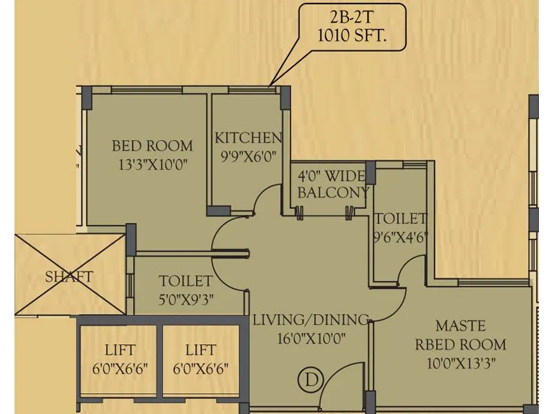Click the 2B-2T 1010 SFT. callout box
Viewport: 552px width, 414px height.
353,30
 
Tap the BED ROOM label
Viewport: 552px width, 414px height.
152,146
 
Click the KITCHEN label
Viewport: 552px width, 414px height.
248,137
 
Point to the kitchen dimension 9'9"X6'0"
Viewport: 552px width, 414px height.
248,155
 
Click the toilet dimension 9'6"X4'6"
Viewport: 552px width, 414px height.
400,237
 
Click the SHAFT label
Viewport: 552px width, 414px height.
69,277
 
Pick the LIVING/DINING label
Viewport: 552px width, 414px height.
310,319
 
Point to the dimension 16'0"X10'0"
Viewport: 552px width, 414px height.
309,338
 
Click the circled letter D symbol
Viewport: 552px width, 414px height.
311,379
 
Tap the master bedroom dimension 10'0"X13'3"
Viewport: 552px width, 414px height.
460,362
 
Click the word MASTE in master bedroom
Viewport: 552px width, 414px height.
460,325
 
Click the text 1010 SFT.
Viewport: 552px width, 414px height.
353,39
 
